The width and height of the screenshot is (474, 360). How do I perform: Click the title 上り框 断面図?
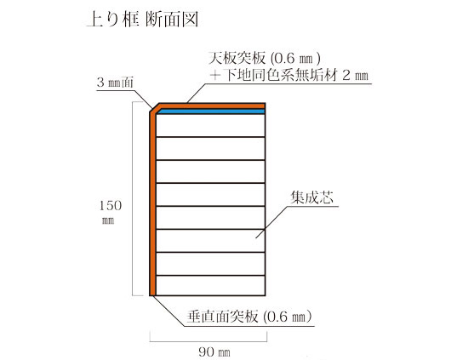143,20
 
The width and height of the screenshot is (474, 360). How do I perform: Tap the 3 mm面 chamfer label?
115,83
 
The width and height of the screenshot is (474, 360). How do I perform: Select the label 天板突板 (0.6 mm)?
264,59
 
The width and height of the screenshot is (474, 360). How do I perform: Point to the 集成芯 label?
311,197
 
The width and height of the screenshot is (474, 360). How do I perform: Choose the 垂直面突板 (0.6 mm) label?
249,317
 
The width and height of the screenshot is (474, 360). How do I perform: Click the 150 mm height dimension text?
111,212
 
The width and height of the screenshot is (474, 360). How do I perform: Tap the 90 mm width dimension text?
214,351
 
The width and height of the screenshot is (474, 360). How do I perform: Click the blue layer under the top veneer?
211,111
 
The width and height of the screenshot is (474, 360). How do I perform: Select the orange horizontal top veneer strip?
212,106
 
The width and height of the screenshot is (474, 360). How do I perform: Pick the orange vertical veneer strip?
152,204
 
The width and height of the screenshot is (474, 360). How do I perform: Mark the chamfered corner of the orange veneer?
155,108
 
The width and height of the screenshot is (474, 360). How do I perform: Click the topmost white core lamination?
211,125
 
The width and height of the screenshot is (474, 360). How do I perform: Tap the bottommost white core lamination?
211,285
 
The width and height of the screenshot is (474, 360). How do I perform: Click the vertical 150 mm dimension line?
133,198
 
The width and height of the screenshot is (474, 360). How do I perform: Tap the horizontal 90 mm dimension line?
208,341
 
